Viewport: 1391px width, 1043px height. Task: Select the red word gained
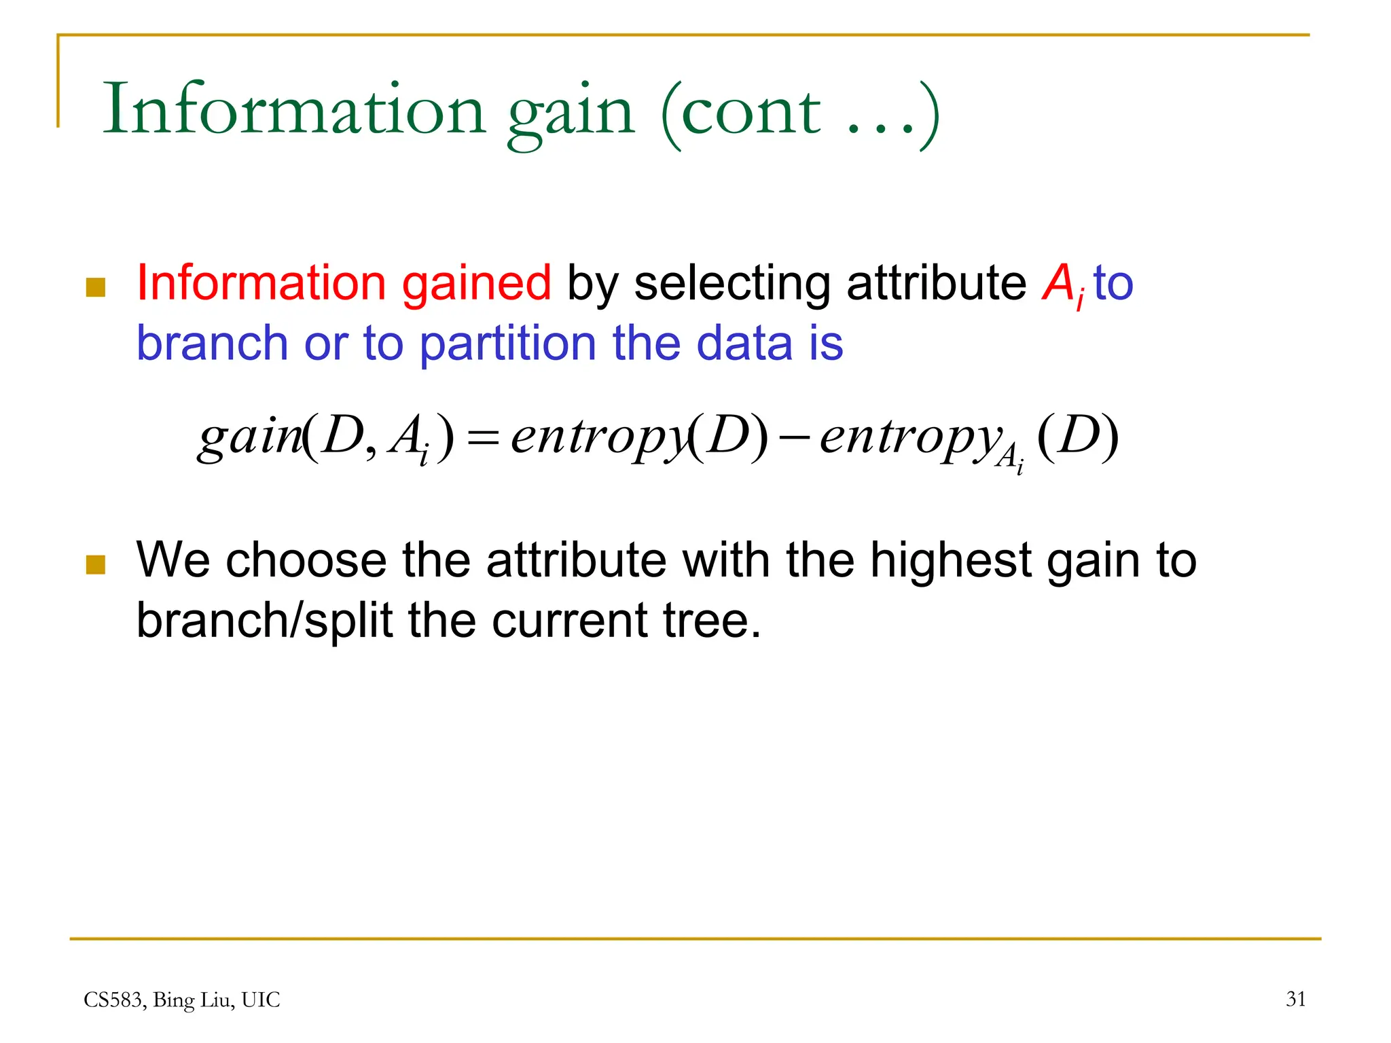coord(476,283)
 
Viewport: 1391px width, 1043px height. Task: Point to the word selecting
coord(731,285)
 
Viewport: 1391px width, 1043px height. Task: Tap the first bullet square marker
coord(96,287)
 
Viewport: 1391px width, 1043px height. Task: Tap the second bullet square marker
coord(96,564)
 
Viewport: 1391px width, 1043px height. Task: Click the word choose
coord(306,561)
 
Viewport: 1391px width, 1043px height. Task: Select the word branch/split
coord(264,621)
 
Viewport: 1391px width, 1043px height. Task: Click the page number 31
coord(1295,999)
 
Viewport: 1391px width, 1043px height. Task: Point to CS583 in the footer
coord(113,1000)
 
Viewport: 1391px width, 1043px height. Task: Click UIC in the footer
coord(260,1000)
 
